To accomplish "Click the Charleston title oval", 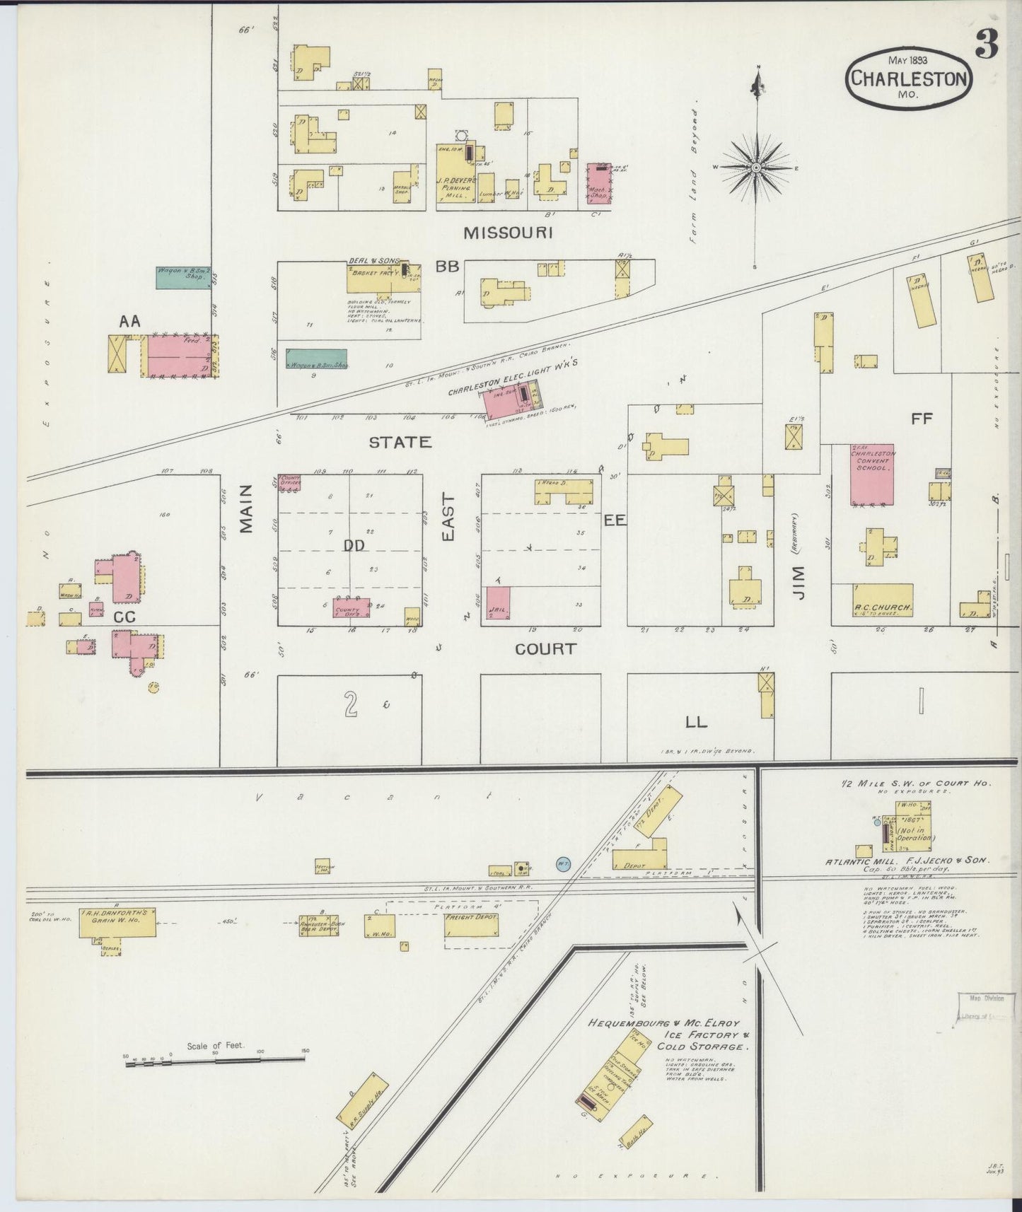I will [x=908, y=78].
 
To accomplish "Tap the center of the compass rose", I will [x=757, y=168].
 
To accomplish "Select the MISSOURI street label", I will [x=507, y=232].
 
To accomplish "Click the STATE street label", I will [x=400, y=442].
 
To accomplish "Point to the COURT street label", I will [x=545, y=648].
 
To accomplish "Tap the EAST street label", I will [x=448, y=518].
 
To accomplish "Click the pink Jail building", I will [x=499, y=603].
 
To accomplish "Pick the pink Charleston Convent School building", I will [x=872, y=474].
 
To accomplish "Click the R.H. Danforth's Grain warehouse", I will [x=117, y=922].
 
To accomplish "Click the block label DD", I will [x=354, y=546].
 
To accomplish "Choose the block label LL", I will [x=696, y=721].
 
